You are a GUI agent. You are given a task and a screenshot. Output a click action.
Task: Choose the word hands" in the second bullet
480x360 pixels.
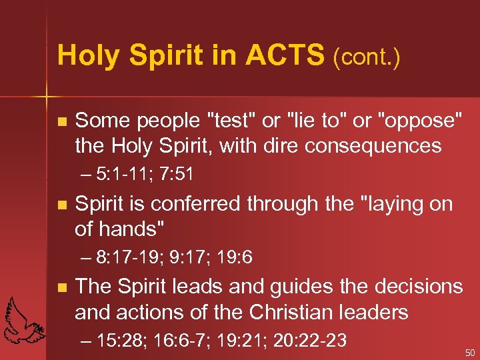coord(133,229)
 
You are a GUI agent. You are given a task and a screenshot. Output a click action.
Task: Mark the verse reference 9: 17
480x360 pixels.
coord(184,257)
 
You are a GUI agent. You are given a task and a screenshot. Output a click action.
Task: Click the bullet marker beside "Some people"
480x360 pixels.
coord(62,122)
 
